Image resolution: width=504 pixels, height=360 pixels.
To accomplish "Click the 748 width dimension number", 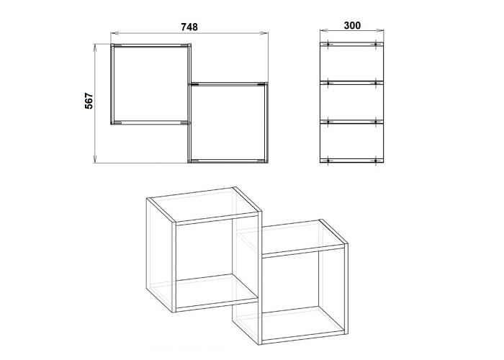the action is pos(189,27).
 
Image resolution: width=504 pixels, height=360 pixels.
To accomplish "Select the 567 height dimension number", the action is pos(89,101).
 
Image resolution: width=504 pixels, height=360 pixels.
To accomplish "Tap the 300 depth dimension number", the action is pos(352,25).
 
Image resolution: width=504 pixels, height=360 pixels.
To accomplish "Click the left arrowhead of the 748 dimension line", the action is pos(114,33).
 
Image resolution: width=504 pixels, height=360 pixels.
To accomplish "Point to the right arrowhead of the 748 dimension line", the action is pos(266,33).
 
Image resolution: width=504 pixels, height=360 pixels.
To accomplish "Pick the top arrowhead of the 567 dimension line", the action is pos(94,47).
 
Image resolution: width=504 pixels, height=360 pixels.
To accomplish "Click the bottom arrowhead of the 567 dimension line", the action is pos(94,159).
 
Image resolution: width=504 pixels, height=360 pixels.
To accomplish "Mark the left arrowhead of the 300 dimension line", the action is pos(323,30).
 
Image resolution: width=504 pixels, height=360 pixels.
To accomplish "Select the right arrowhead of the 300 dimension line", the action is pos(381,30).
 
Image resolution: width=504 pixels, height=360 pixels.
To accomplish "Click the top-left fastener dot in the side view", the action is pos(328,45).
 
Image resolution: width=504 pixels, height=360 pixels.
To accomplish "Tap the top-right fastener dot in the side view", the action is pos(376,45).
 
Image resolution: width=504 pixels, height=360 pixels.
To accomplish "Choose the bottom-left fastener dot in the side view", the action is pos(328,161).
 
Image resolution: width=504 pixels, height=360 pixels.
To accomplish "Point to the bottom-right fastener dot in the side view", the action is pos(376,161).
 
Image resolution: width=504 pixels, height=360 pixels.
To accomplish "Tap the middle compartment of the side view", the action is pos(352,102).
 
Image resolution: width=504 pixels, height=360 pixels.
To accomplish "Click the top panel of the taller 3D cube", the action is pos(204,205).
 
